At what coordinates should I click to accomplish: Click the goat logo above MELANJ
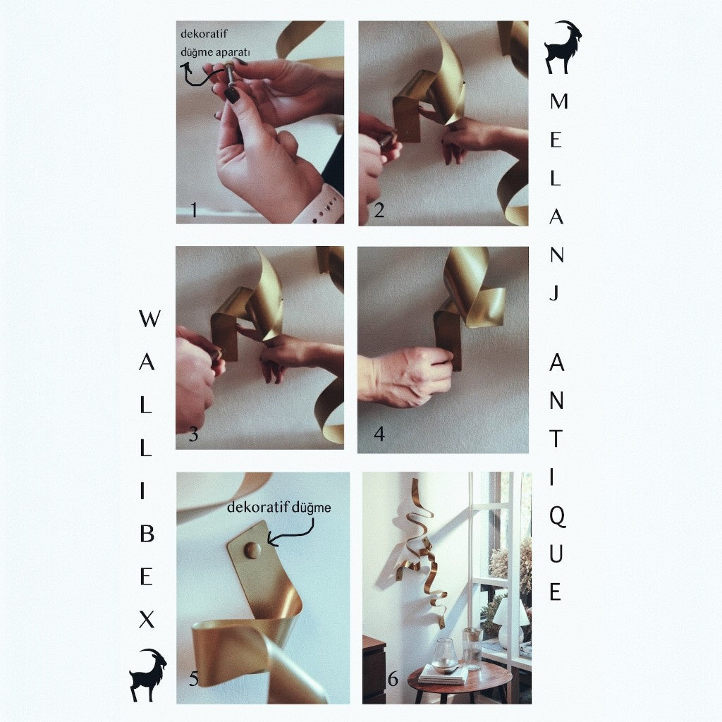pyautogui.click(x=563, y=47)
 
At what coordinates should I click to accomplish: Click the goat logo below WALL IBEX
pyautogui.click(x=147, y=675)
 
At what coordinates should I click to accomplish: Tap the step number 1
pyautogui.click(x=194, y=210)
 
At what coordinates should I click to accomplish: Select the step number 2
pyautogui.click(x=379, y=210)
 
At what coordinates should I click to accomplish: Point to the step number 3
pyautogui.click(x=193, y=434)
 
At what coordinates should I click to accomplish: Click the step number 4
pyautogui.click(x=379, y=434)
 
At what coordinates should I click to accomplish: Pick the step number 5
pyautogui.click(x=193, y=679)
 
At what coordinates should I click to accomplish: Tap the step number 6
pyautogui.click(x=393, y=679)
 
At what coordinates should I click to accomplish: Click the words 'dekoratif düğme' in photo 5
pyautogui.click(x=279, y=508)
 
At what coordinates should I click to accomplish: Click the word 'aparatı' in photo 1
pyautogui.click(x=233, y=52)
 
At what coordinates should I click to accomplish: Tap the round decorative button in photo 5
pyautogui.click(x=252, y=550)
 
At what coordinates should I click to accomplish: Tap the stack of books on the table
pyautogui.click(x=444, y=674)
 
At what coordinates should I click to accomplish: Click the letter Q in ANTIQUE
pyautogui.click(x=557, y=518)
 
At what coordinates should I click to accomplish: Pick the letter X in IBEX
pyautogui.click(x=147, y=619)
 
